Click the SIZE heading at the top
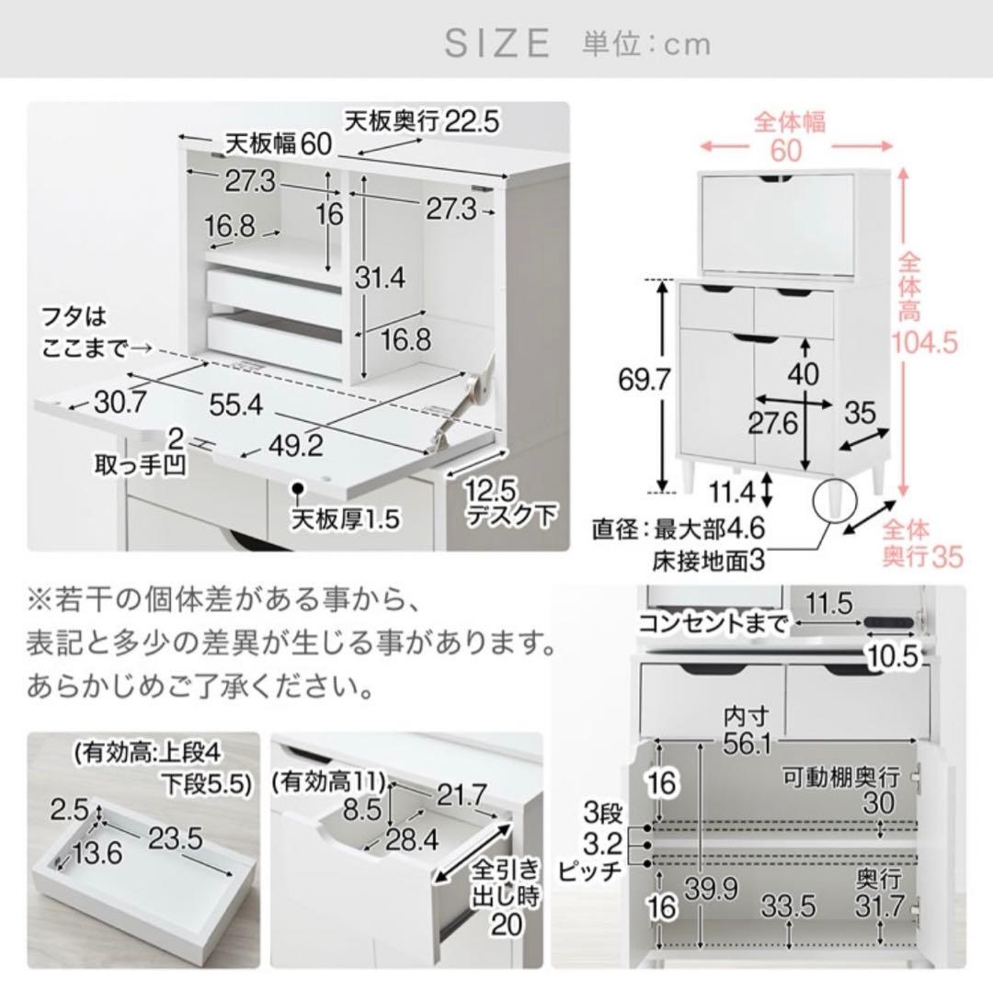click(x=497, y=43)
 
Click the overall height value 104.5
click(x=926, y=343)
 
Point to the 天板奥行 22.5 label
click(x=421, y=119)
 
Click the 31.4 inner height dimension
click(x=379, y=278)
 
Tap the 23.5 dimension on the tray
click(x=176, y=837)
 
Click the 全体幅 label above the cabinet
click(x=790, y=121)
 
